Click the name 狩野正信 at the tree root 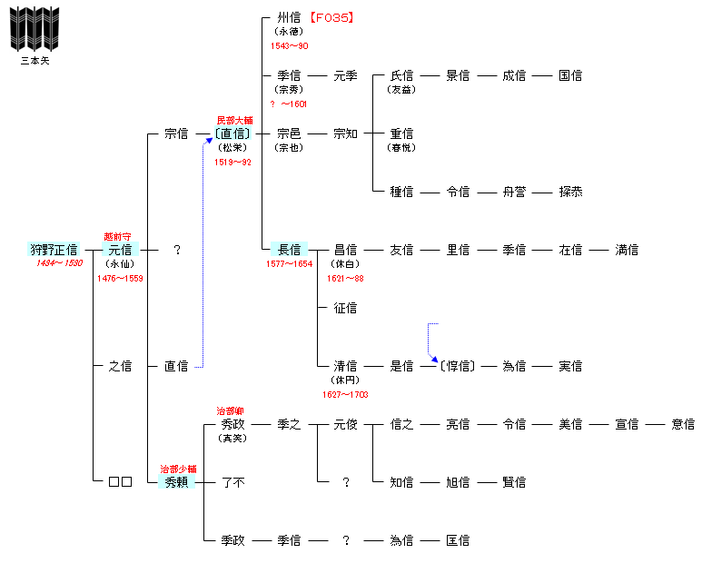54,250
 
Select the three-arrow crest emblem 34,29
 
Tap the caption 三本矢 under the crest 35,62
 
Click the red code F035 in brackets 329,17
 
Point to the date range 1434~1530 59,263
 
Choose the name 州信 290,17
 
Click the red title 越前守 118,236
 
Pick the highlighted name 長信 290,250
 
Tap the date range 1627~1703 345,395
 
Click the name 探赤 571,192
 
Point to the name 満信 627,250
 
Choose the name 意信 683,424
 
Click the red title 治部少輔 177,469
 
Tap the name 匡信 458,540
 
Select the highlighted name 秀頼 176,482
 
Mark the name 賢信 514,482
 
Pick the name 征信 346,308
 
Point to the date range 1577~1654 289,263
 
